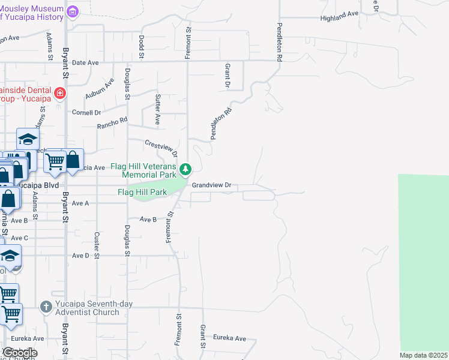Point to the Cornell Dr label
point(86,112)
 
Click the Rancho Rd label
point(113,123)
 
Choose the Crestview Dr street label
point(161,146)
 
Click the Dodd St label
point(142,46)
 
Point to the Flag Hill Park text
point(142,193)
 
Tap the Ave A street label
point(80,203)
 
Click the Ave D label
point(80,256)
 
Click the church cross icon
point(46,307)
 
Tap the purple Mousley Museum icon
point(73,11)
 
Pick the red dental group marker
point(59,93)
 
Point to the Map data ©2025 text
point(424,355)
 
